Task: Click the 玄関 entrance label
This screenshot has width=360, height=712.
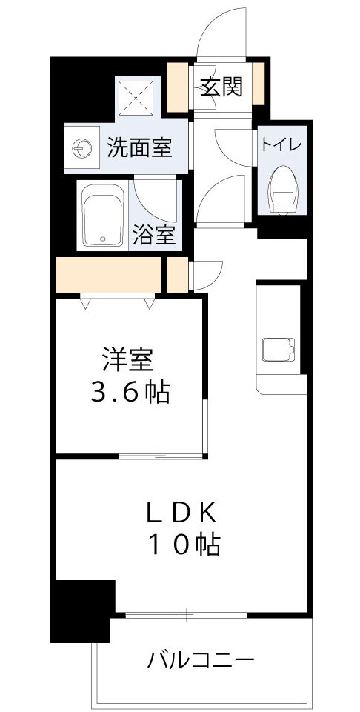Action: [x=221, y=88]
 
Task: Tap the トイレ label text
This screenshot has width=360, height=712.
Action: [x=280, y=144]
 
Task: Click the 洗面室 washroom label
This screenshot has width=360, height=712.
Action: [x=139, y=148]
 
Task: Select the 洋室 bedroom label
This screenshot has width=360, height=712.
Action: [x=127, y=361]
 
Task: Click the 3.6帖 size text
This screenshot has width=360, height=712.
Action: [x=130, y=393]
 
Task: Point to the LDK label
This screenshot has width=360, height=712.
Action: [x=181, y=513]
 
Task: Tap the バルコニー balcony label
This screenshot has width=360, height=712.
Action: [x=201, y=658]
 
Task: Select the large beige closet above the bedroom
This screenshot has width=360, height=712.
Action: [x=108, y=274]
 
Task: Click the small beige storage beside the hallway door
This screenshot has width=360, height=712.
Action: [x=177, y=274]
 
